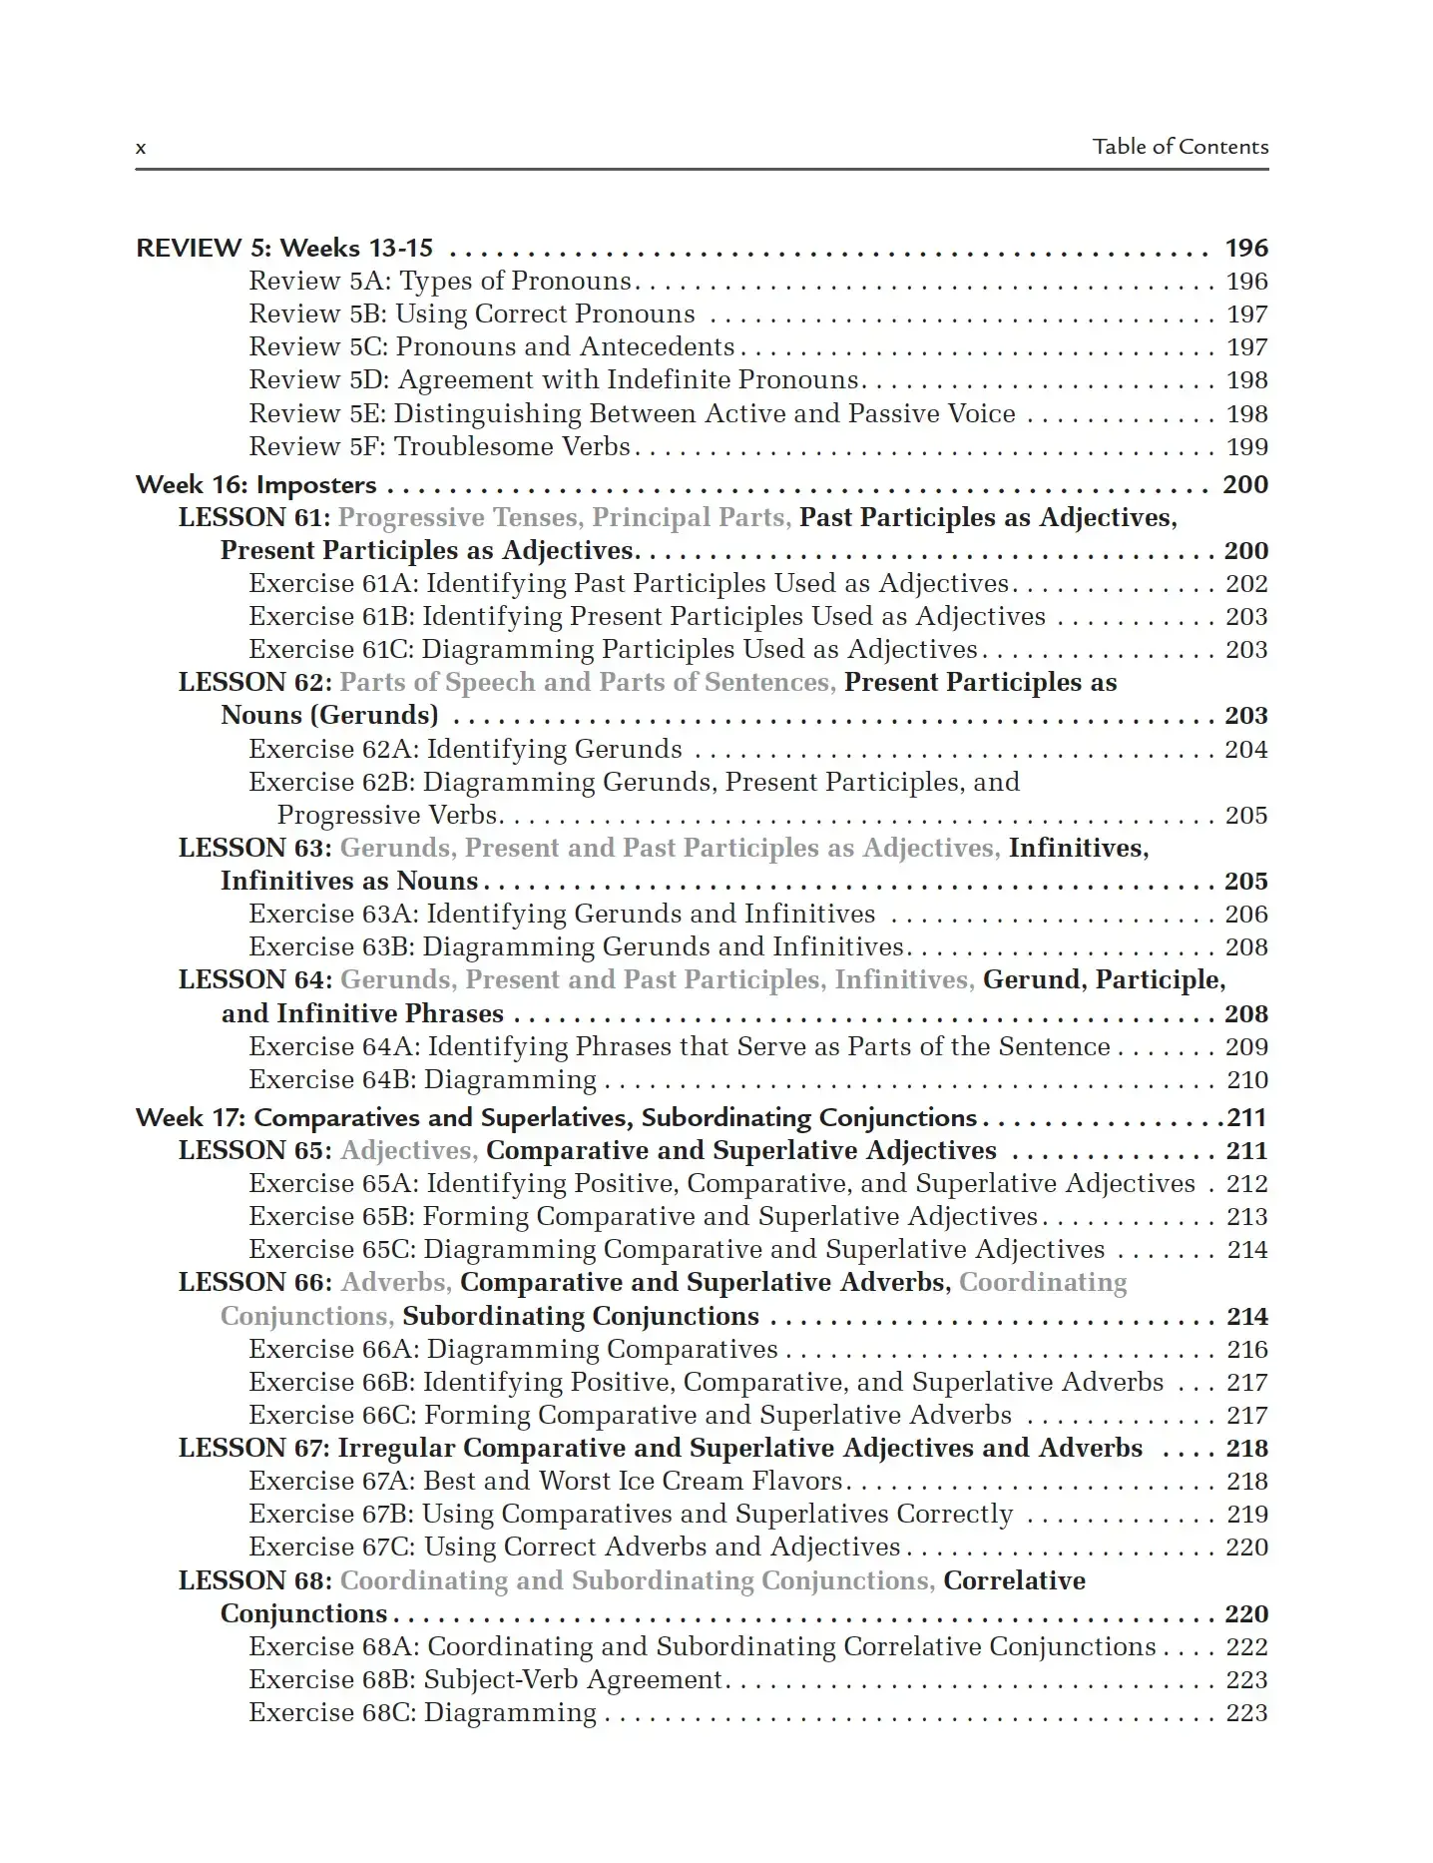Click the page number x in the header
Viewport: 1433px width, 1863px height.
pyautogui.click(x=141, y=149)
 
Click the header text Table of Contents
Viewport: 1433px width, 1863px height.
pyautogui.click(x=1180, y=147)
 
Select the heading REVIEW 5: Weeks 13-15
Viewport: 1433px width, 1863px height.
pyautogui.click(x=284, y=248)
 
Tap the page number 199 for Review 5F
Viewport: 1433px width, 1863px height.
pyautogui.click(x=1246, y=447)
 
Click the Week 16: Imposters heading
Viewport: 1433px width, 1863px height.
pyautogui.click(x=256, y=485)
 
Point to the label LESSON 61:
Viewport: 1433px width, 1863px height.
pyautogui.click(x=254, y=517)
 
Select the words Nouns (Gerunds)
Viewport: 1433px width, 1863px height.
pyautogui.click(x=329, y=716)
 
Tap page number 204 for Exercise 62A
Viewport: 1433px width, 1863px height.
pyautogui.click(x=1246, y=750)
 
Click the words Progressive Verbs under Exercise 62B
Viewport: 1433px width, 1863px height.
pyautogui.click(x=387, y=816)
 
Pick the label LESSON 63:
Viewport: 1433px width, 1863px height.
pyautogui.click(x=254, y=848)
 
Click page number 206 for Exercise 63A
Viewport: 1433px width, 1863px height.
pyautogui.click(x=1246, y=915)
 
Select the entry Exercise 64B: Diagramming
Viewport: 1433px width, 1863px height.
pyautogui.click(x=422, y=1080)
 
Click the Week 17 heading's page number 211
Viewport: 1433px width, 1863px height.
pyautogui.click(x=1246, y=1118)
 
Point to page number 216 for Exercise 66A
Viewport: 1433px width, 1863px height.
pyautogui.click(x=1246, y=1350)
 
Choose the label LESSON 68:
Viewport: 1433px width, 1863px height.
pyautogui.click(x=254, y=1581)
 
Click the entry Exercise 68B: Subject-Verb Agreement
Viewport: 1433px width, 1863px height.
pyautogui.click(x=485, y=1680)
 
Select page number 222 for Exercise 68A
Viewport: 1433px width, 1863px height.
pyautogui.click(x=1246, y=1647)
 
